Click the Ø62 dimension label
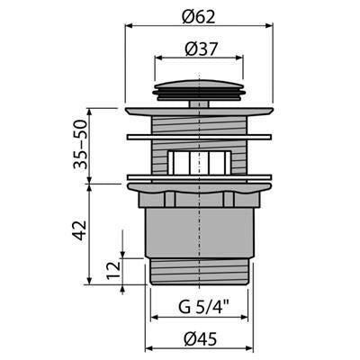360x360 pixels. coord(199,17)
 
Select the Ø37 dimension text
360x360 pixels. coord(201,49)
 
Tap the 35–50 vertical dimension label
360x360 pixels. coord(80,144)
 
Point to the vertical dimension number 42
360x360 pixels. coord(80,230)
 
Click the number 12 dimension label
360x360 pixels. coord(113,271)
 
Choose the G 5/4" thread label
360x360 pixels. coord(203,307)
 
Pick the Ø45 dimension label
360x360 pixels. coord(201,339)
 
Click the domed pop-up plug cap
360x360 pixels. coord(200,89)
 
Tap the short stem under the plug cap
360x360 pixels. coord(199,104)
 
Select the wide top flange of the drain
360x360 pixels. coord(200,112)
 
